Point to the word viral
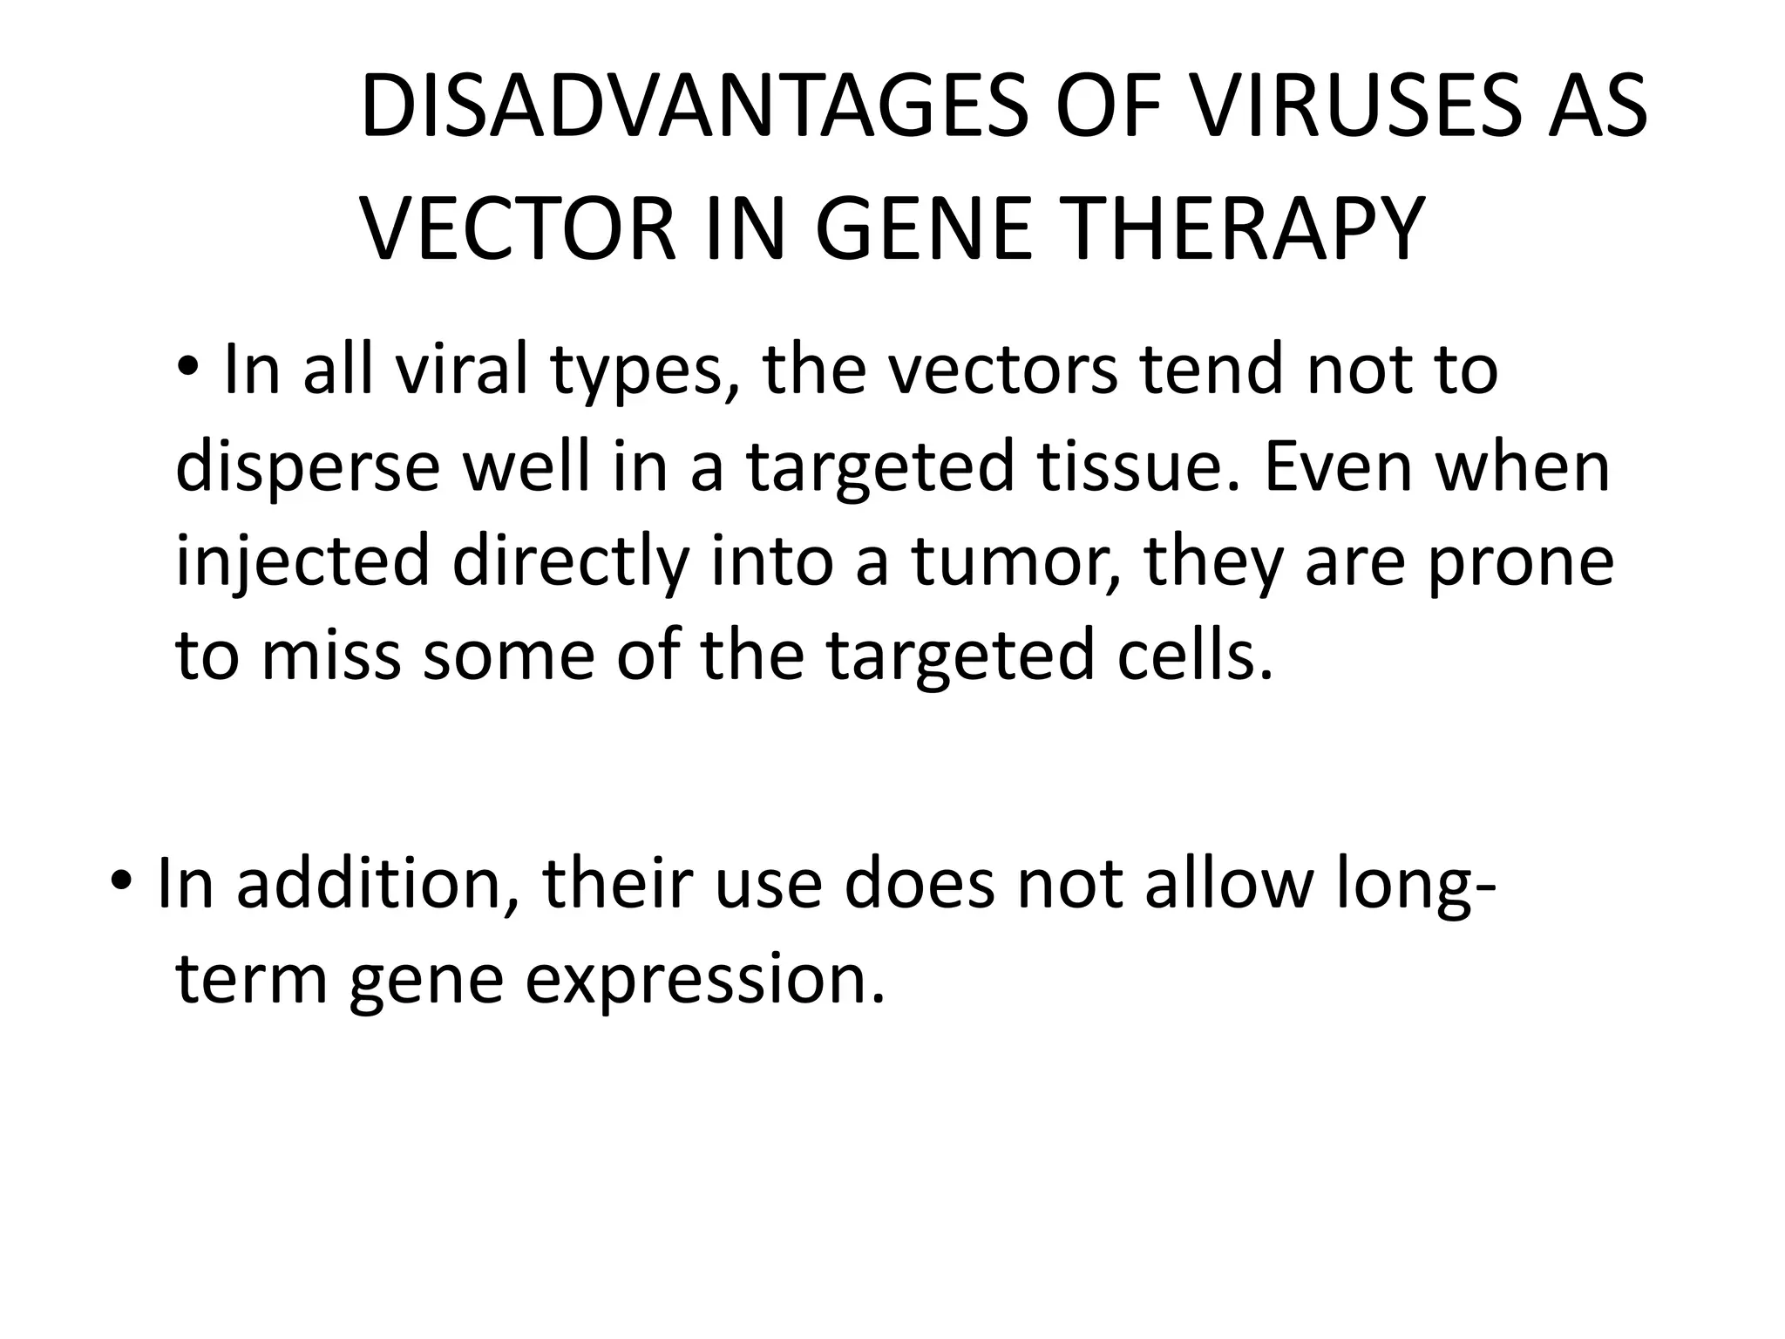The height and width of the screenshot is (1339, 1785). tap(462, 370)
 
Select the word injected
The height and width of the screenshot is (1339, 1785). tap(302, 562)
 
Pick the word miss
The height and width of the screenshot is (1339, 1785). tap(331, 655)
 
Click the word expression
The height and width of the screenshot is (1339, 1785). tap(706, 981)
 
